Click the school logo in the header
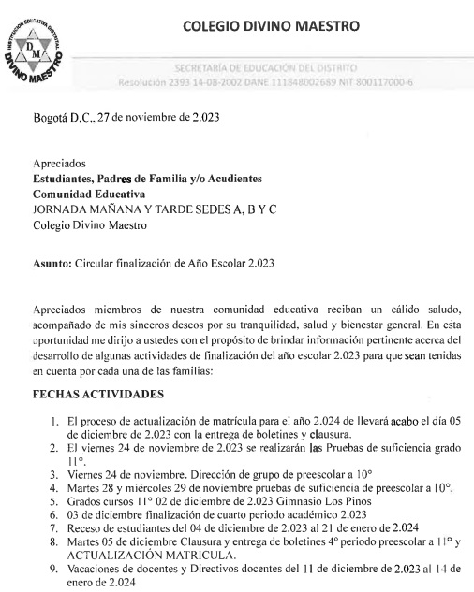coord(38,55)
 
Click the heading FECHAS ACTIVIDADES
coord(98,394)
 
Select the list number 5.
coord(54,500)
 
